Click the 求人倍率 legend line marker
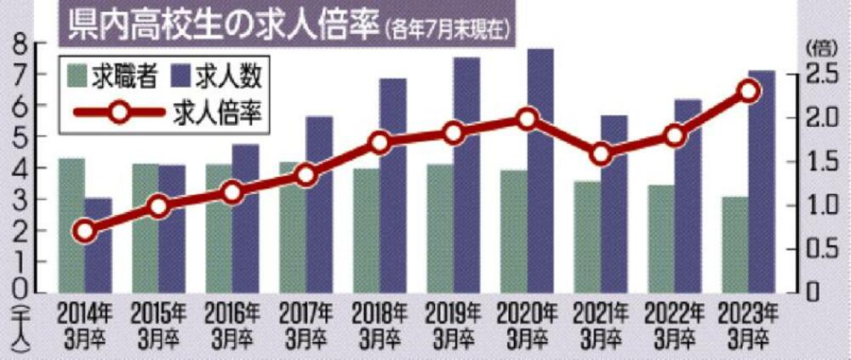[118, 112]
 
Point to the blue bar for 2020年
[540, 170]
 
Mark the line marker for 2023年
[748, 91]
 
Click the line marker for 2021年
[601, 154]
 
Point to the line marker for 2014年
[83, 231]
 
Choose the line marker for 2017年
[306, 175]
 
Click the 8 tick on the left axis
[18, 44]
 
